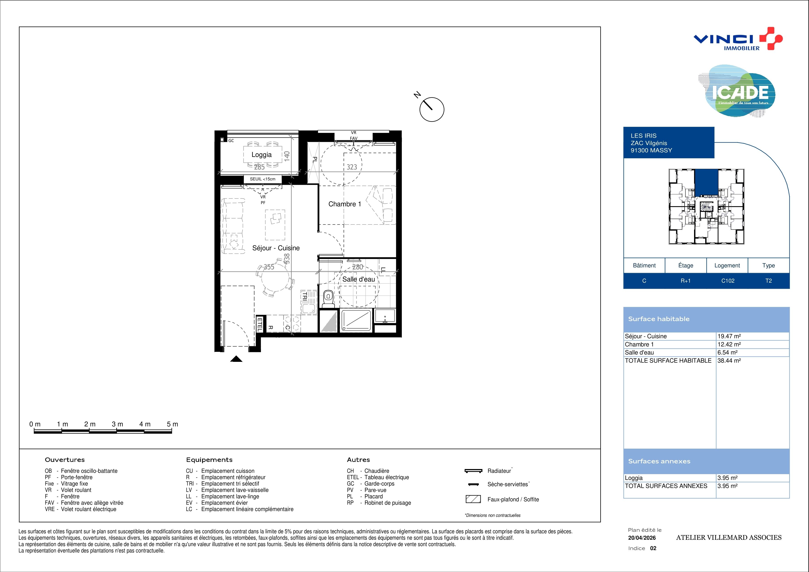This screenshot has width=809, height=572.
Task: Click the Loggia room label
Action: coord(261,155)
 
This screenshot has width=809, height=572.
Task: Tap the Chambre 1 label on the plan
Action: coord(345,204)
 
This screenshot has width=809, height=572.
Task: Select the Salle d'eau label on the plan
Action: coord(359,279)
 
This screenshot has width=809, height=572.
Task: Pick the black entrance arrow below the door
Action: coord(236,359)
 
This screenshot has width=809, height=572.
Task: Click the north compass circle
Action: coord(432,110)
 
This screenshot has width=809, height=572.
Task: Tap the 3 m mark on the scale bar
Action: coord(117,424)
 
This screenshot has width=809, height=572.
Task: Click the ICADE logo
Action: coord(737,91)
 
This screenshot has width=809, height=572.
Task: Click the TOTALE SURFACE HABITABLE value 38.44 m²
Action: coord(729,361)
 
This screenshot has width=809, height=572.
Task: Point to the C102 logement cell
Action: coord(728,281)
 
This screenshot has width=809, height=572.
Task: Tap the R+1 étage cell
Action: coord(686,281)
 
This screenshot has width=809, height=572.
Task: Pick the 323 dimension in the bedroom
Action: coord(352,167)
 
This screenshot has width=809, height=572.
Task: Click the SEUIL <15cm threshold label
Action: coord(263,179)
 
